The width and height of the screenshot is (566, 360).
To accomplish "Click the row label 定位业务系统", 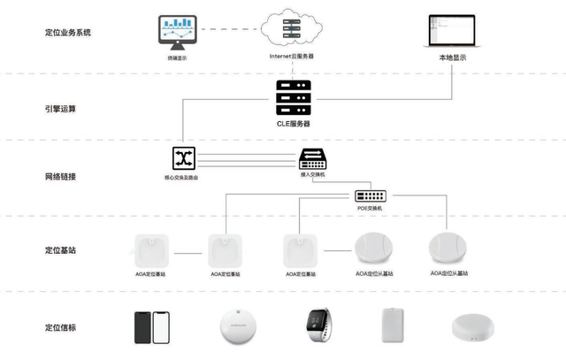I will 67,33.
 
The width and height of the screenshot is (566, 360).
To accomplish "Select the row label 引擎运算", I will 60,110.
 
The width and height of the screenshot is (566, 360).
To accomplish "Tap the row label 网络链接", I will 60,177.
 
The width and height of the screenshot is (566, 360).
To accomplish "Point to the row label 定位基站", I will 60,250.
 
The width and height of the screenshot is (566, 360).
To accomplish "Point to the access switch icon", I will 314,158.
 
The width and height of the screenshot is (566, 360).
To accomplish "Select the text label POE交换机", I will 371,209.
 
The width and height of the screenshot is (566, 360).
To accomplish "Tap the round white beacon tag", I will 238,326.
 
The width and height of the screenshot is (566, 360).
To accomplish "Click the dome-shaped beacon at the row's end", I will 473,328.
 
